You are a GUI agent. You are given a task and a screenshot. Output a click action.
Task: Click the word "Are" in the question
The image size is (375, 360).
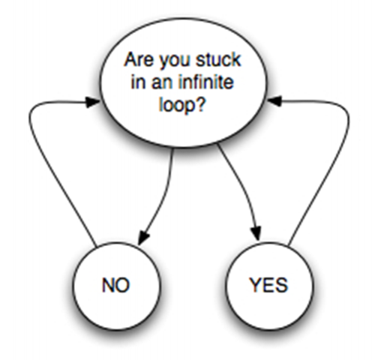coord(139,59)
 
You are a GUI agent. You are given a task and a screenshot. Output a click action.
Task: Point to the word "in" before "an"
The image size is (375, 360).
coord(135,82)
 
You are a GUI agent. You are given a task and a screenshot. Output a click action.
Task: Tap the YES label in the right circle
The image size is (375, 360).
coord(268,285)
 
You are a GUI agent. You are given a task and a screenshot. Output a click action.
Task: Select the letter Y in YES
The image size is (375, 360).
coord(255,285)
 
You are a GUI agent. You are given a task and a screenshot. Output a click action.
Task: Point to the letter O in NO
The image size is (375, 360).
coord(123,285)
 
